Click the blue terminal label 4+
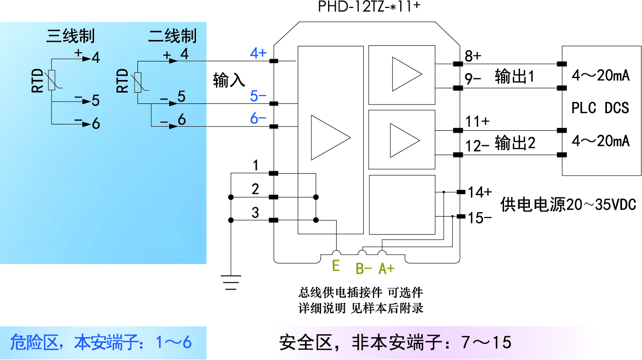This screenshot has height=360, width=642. point(258,53)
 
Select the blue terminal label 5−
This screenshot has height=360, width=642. point(258,96)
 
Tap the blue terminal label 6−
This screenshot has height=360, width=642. point(258,119)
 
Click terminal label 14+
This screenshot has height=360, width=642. point(480,192)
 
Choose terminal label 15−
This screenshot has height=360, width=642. point(480,218)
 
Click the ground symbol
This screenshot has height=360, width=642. point(231,281)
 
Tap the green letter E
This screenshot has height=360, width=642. point(335,266)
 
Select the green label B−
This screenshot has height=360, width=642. point(364,268)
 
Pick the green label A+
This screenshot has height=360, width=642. point(387,268)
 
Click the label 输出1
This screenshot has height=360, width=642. point(515,77)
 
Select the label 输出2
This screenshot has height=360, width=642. point(515,143)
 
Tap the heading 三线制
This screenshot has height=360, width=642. point(70,36)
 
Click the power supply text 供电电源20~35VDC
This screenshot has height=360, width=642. point(568,204)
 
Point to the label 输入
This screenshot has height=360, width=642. point(229,80)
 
